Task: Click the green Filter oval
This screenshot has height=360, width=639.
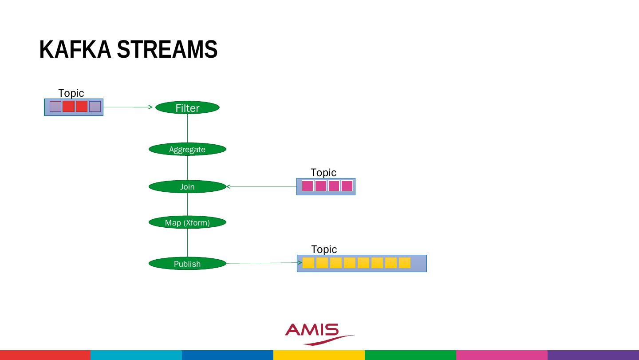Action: click(187, 108)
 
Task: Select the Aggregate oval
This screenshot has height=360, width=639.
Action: click(187, 149)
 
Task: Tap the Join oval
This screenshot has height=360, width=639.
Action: click(187, 187)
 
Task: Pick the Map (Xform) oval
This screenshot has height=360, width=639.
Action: click(187, 222)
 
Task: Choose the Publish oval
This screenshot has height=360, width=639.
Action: click(187, 264)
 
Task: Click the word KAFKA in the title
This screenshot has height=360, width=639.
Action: click(75, 49)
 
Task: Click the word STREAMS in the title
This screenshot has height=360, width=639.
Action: click(167, 49)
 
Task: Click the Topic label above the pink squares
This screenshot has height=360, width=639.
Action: click(323, 172)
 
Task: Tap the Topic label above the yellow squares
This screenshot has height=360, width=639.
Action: click(324, 249)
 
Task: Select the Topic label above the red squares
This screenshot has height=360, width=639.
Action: click(71, 93)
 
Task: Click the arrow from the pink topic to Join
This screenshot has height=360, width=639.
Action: click(262, 187)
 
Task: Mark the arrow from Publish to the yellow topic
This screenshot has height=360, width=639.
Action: click(262, 263)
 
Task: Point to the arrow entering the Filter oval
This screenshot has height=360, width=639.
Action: click(129, 107)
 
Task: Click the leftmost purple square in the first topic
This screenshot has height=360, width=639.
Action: click(55, 107)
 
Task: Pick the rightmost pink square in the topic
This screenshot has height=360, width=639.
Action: click(347, 186)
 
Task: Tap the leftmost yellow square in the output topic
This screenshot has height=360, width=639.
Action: click(308, 263)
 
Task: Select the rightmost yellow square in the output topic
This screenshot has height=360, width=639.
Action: click(404, 263)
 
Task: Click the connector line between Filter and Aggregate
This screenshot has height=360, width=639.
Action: click(187, 129)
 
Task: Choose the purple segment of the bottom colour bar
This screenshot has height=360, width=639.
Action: click(593, 355)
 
